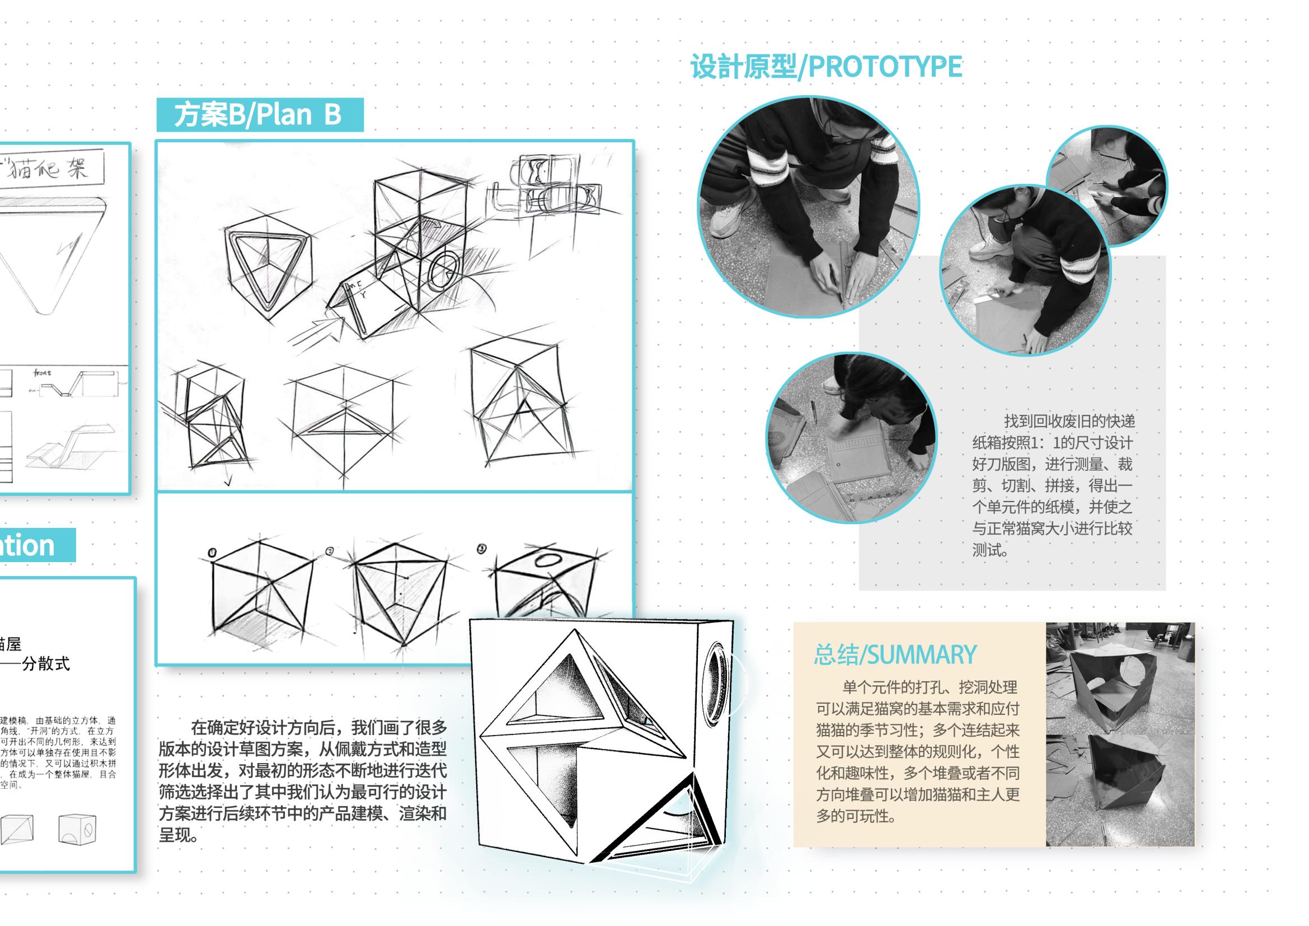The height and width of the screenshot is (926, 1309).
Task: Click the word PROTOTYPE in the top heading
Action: (x=885, y=67)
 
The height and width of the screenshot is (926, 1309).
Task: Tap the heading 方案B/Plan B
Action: (x=257, y=115)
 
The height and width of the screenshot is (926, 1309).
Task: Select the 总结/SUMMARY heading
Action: (x=894, y=654)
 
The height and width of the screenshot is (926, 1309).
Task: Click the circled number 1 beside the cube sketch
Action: (x=213, y=552)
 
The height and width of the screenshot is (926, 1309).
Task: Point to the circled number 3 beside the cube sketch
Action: (x=482, y=549)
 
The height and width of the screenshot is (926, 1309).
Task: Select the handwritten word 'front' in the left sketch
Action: (x=42, y=373)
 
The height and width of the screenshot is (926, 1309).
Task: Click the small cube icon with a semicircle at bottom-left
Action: (x=77, y=829)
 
